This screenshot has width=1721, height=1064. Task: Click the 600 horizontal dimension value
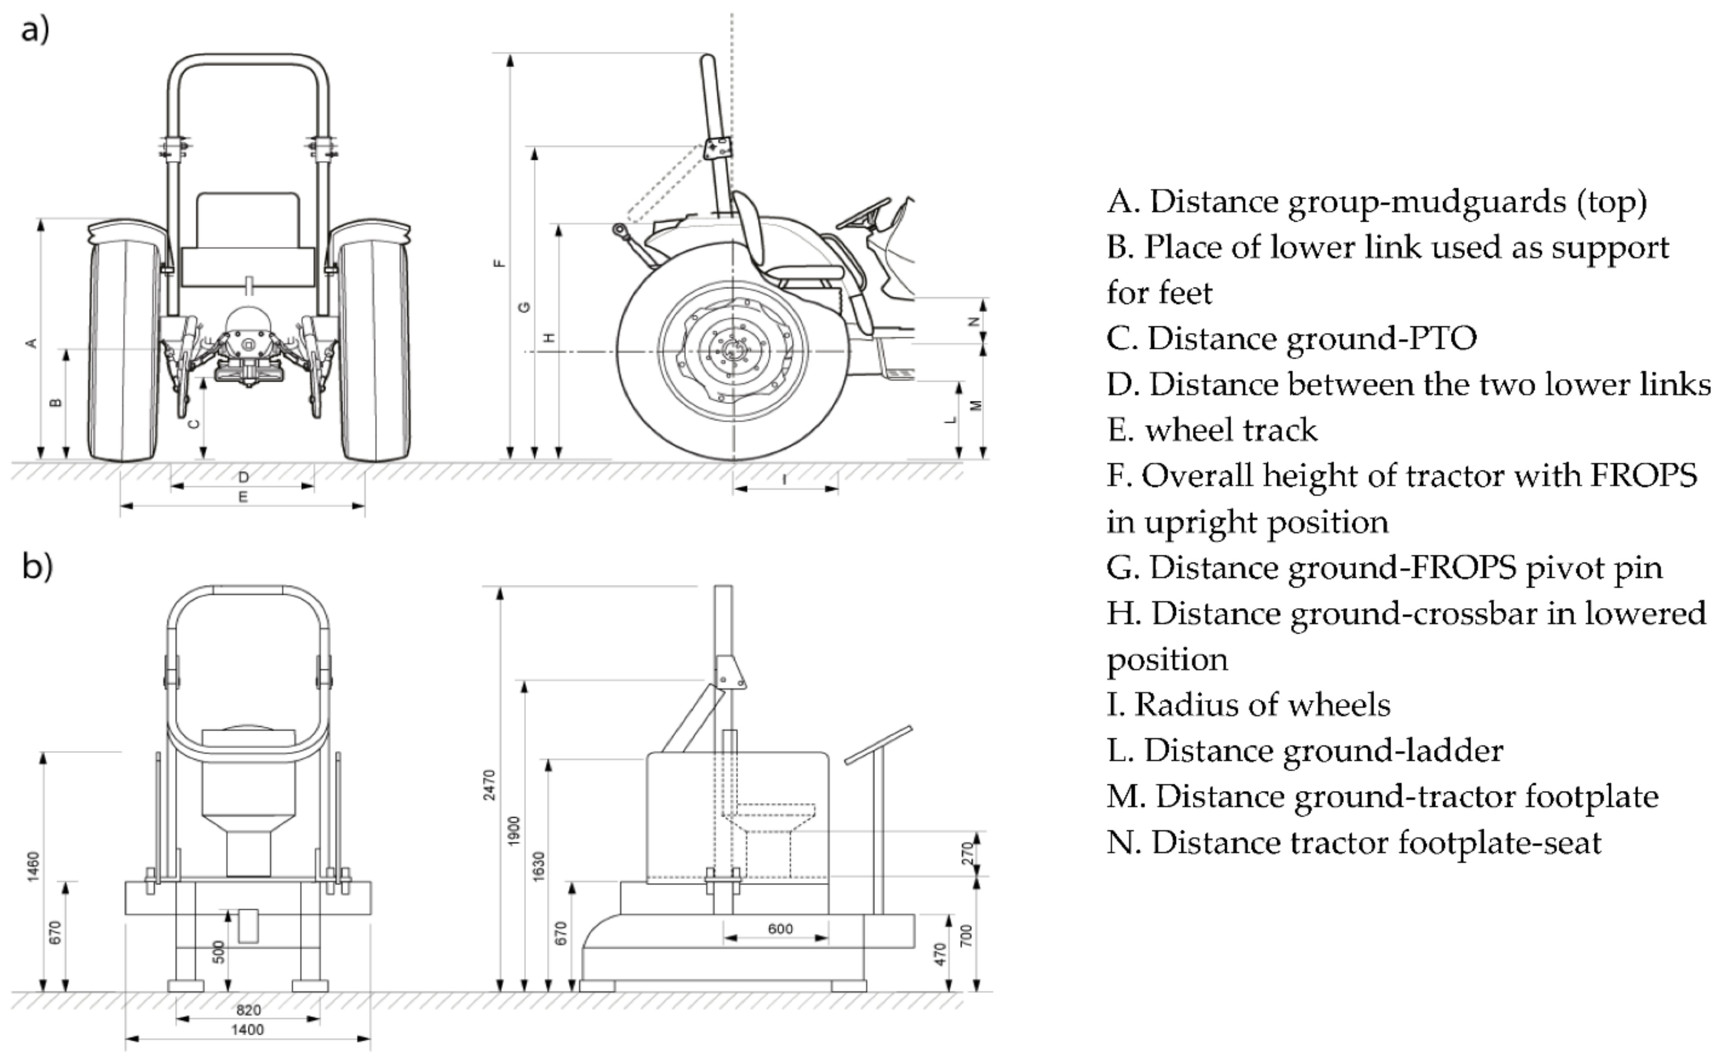[x=780, y=929]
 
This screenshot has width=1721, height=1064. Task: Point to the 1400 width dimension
[x=248, y=1030]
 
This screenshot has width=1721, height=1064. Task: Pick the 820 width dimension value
[x=248, y=1011]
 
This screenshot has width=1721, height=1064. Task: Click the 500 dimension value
[x=219, y=952]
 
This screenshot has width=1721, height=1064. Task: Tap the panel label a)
[x=35, y=29]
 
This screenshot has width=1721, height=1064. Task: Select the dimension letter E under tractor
[x=243, y=497]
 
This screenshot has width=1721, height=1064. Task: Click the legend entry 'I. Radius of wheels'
[x=1248, y=705]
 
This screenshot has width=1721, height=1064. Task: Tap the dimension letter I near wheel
[x=785, y=479]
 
